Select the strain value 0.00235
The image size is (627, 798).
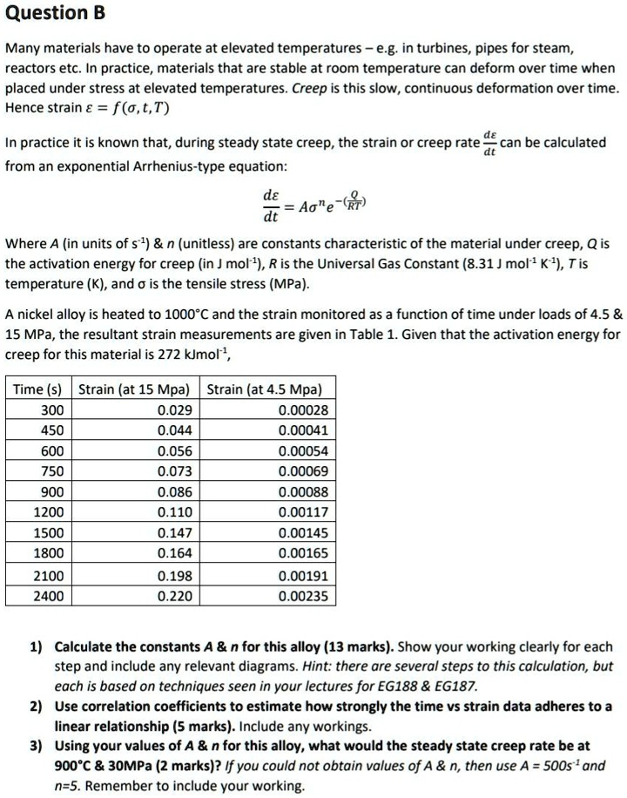[303, 596]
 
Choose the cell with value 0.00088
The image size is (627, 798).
[303, 491]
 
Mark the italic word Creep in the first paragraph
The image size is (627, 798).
[310, 89]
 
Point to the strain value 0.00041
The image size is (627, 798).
[303, 430]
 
